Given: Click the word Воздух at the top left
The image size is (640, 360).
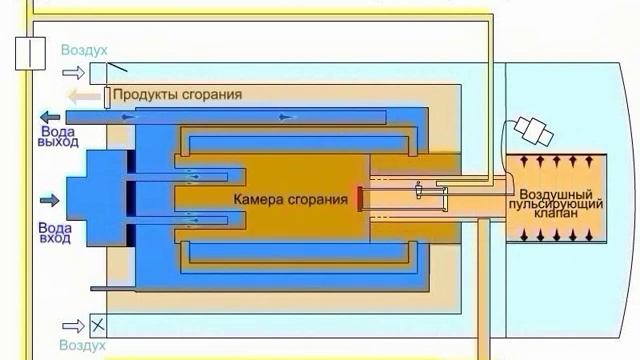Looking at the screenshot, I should point(83,50).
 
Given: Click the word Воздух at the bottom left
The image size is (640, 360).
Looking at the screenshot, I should point(83,345).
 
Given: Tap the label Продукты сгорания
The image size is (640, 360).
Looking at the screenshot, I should point(176,94).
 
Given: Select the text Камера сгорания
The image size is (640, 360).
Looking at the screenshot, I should point(290,199).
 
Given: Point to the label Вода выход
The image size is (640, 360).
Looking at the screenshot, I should point(58,137).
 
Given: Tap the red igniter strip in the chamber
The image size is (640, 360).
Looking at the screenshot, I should point(357,198).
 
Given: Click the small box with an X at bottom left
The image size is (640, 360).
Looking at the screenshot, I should point(98,325).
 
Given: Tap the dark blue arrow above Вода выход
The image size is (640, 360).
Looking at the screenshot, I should point(50,116).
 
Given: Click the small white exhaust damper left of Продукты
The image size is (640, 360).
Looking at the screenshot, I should point(106,97).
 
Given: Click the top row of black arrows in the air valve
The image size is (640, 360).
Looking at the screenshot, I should point(557,160).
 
